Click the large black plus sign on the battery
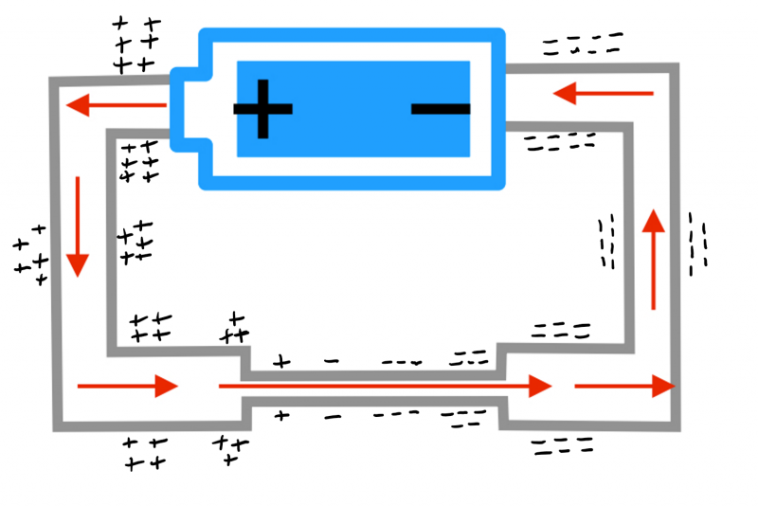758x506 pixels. (262, 109)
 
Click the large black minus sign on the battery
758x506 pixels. (441, 109)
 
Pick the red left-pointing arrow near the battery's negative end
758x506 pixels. (603, 93)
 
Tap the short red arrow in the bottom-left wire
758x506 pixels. (127, 386)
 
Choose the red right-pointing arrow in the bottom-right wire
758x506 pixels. (624, 387)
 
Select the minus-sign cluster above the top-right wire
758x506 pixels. (582, 44)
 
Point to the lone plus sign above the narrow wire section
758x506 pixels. (280, 361)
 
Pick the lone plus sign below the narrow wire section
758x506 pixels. (281, 414)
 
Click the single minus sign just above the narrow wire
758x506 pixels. (331, 361)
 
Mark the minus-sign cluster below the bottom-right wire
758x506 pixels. (562, 447)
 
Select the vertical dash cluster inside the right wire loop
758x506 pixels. (606, 242)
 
